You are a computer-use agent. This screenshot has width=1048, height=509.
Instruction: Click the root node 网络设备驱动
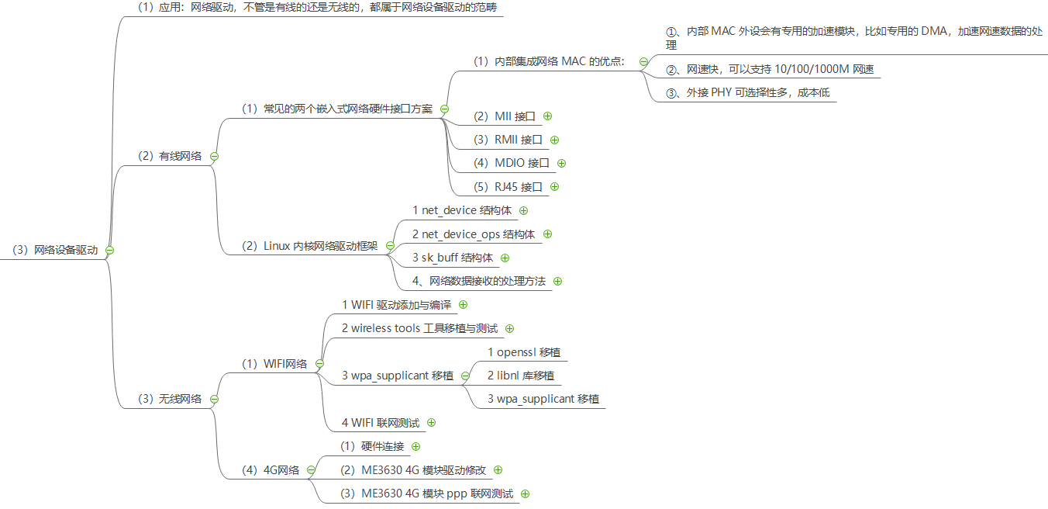point(55,250)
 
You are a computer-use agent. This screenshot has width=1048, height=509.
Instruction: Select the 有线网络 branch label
point(170,156)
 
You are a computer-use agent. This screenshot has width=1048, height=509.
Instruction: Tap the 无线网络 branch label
point(170,399)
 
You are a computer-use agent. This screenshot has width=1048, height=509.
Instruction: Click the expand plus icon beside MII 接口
point(547,116)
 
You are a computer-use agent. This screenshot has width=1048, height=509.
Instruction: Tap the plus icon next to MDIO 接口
point(561,163)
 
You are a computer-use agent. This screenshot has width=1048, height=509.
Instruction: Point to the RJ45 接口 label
point(508,186)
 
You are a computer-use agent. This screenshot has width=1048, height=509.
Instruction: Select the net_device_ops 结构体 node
point(474,234)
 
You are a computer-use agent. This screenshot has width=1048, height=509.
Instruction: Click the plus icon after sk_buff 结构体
point(505,258)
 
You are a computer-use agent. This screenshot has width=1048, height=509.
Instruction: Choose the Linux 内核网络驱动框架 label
point(310,246)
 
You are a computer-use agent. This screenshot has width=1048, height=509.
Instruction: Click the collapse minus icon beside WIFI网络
point(319,364)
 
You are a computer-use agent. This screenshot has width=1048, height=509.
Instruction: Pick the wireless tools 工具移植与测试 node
point(419,328)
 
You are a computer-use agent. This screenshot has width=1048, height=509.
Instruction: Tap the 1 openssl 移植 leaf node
point(523,351)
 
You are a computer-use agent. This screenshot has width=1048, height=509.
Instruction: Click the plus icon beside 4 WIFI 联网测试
point(431,423)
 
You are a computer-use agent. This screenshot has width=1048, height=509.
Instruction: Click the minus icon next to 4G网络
point(311,469)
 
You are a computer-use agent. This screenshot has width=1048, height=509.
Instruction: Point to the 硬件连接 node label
point(372,446)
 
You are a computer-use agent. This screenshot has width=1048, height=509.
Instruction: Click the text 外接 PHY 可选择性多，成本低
point(747,92)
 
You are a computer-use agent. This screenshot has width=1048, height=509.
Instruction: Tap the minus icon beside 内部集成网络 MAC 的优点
point(643,61)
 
